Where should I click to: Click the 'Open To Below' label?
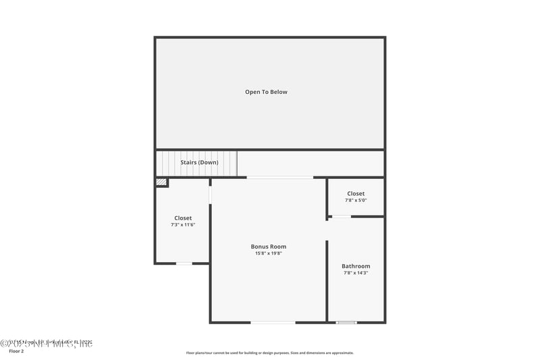[x=266, y=92]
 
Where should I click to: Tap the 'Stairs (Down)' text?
[x=199, y=162]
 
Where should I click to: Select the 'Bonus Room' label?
[x=269, y=247]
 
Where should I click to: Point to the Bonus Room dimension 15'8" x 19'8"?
[x=269, y=254]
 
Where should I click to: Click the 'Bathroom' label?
[x=356, y=266]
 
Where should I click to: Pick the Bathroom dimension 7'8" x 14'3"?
[x=356, y=274]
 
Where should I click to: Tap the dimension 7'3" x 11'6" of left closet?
[x=183, y=225]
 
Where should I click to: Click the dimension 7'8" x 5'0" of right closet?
[x=356, y=201]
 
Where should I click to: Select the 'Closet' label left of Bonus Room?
[x=183, y=218]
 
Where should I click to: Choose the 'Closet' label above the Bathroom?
[x=356, y=193]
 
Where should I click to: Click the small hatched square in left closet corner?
[x=161, y=182]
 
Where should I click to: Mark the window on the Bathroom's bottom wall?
[x=346, y=322]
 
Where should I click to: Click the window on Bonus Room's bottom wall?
[x=273, y=322]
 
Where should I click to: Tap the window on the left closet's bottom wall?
[x=184, y=263]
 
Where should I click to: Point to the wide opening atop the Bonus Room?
[x=280, y=178]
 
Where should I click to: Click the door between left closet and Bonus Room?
[x=211, y=195]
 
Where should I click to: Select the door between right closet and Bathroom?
[x=341, y=217]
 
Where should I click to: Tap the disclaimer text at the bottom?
[x=270, y=353]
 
